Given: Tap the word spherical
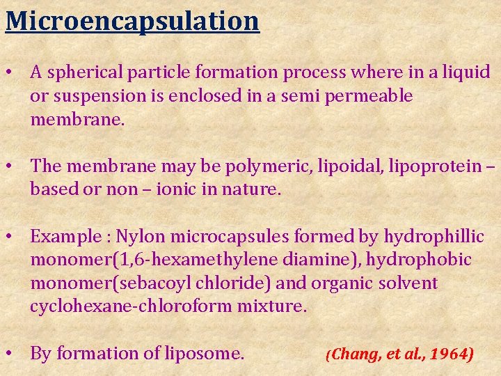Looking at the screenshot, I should point(92,72).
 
